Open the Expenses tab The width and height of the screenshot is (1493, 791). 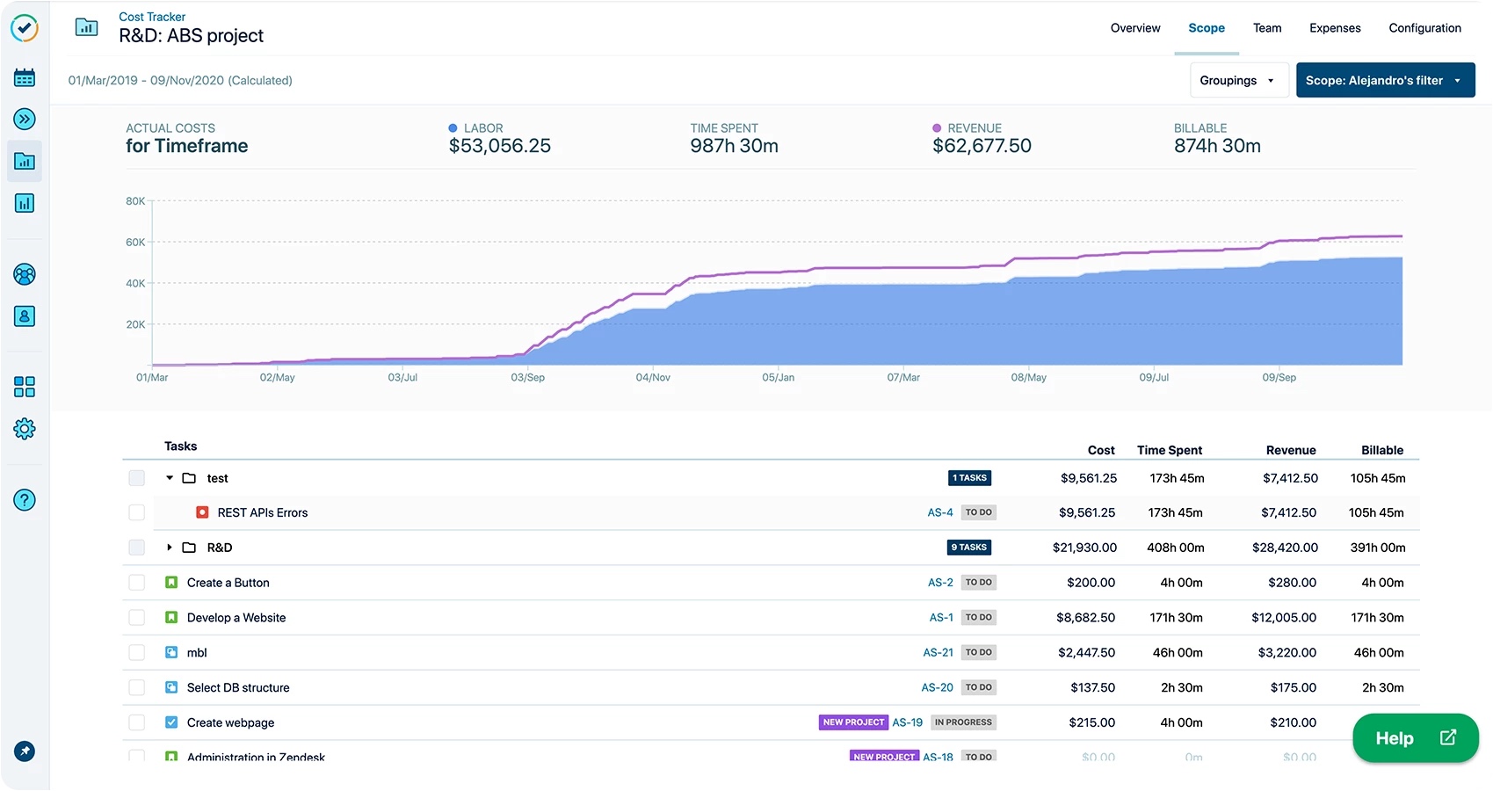pyautogui.click(x=1334, y=28)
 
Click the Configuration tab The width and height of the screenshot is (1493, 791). pyautogui.click(x=1424, y=28)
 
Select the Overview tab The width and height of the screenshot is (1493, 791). pyautogui.click(x=1134, y=28)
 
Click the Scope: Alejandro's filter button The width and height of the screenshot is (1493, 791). pyautogui.click(x=1384, y=80)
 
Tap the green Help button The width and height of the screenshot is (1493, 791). pyautogui.click(x=1414, y=738)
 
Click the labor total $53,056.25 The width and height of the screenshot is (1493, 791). pyautogui.click(x=499, y=146)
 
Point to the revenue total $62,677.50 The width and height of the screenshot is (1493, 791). pyautogui.click(x=981, y=146)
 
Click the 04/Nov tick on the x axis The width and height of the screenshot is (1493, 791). pyautogui.click(x=653, y=377)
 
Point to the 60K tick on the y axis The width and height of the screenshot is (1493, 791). pyautogui.click(x=135, y=243)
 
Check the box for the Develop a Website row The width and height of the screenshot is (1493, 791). pyautogui.click(x=136, y=618)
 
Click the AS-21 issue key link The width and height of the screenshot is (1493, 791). pyautogui.click(x=938, y=653)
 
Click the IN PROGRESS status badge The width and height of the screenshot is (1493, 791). pyautogui.click(x=963, y=722)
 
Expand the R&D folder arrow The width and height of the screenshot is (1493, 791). pyautogui.click(x=170, y=548)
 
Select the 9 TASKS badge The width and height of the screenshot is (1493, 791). pyautogui.click(x=968, y=548)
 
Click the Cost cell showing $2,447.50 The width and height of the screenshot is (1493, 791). pyautogui.click(x=1086, y=653)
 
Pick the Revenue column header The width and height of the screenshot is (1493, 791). pyautogui.click(x=1290, y=450)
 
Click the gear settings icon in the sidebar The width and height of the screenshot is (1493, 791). pyautogui.click(x=25, y=429)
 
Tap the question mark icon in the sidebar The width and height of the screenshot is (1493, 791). pyautogui.click(x=25, y=500)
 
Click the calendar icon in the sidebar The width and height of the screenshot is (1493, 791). pyautogui.click(x=25, y=77)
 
